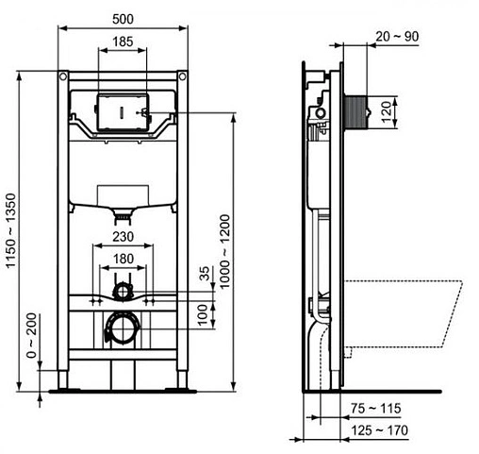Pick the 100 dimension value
204,312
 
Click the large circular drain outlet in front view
122,328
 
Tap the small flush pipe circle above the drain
123,287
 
